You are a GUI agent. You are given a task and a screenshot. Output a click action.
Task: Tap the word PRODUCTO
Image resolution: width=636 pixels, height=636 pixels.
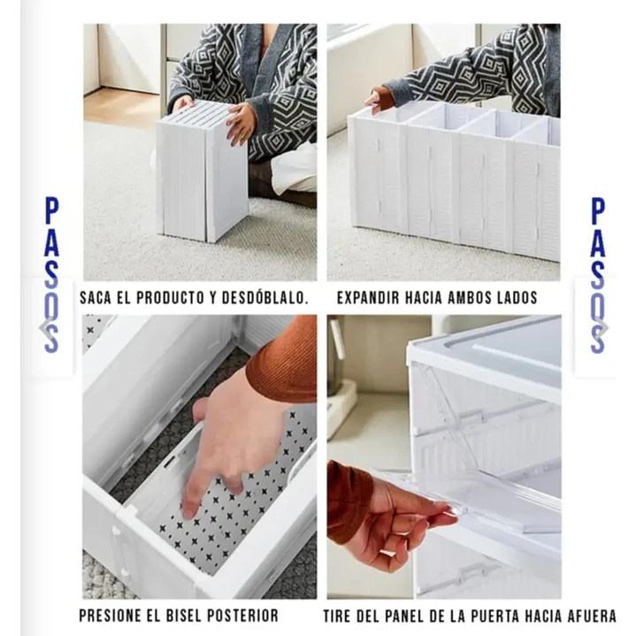(168, 298)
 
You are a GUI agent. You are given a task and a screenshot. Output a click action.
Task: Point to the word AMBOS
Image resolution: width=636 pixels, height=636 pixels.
(465, 298)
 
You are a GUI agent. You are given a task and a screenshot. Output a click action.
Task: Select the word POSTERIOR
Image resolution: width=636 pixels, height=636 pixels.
(242, 615)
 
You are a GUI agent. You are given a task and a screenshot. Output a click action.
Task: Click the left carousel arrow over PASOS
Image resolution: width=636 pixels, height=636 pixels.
(45, 326)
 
